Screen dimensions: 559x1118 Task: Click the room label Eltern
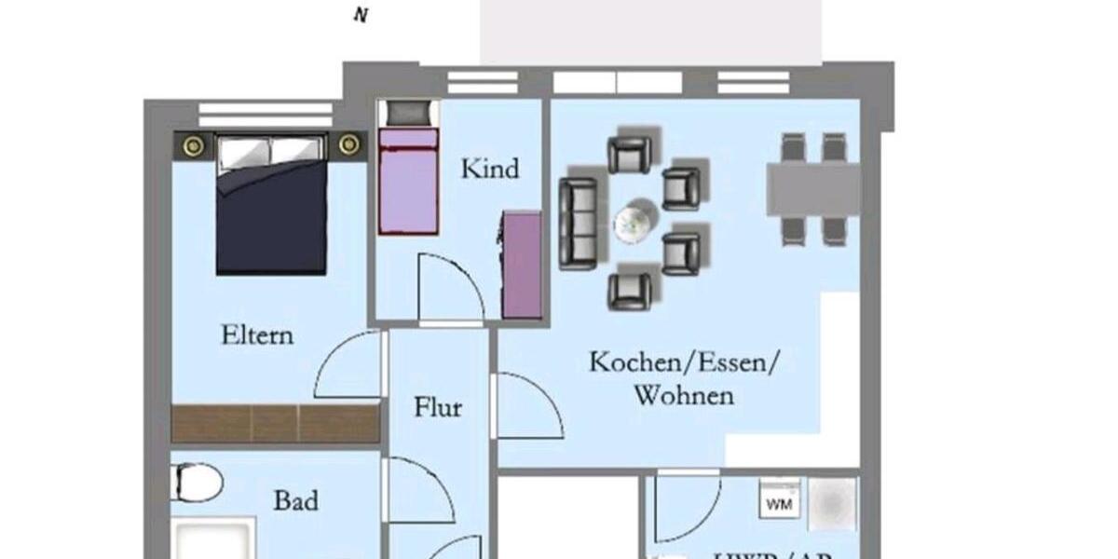tap(256, 334)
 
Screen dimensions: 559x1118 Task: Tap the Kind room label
tap(490, 170)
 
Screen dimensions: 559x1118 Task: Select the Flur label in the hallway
tap(438, 407)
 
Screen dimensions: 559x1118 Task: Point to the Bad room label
tap(295, 501)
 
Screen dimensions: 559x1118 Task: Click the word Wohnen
tap(683, 395)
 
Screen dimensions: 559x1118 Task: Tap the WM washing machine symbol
tap(779, 504)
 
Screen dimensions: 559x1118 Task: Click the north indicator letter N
tap(360, 16)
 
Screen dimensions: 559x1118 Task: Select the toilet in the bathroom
tap(198, 484)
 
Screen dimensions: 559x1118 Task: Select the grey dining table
tap(812, 189)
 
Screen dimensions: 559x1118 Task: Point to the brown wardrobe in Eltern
tap(276, 424)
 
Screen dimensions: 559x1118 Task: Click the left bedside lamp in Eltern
tap(194, 144)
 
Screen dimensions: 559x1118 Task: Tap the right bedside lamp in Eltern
tap(348, 144)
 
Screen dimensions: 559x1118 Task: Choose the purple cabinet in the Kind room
tap(522, 265)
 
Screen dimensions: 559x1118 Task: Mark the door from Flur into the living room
tap(526, 406)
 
